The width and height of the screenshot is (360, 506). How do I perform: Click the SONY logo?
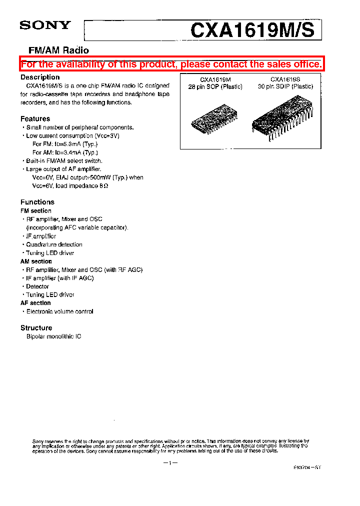pos(45,25)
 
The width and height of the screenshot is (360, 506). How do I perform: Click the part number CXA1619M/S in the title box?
pos(252,30)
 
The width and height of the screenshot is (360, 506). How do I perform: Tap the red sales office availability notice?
pos(171,64)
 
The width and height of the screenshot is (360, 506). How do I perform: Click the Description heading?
pos(40,77)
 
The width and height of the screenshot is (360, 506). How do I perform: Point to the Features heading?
pos(35,119)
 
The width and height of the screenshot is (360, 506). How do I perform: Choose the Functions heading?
pos(37,202)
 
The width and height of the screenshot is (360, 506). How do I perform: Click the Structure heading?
pos(36,328)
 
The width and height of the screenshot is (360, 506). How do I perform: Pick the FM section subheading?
pos(35,211)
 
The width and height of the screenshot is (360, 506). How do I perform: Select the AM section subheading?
pos(36,261)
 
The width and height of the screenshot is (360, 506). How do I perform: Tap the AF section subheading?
pos(35,303)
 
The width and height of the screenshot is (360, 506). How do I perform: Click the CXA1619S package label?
pos(285,79)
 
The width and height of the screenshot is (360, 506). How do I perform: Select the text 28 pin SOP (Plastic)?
pos(215,87)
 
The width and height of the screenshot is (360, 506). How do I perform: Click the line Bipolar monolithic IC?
pos(53,337)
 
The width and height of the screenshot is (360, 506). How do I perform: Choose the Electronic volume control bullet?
pos(59,311)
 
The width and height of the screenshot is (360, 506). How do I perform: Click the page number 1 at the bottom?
pos(170,463)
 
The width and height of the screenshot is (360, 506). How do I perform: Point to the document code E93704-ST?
pos(307,467)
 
